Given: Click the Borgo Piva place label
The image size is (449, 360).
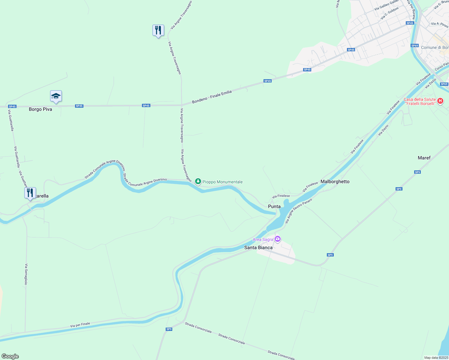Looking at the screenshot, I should pos(40,109).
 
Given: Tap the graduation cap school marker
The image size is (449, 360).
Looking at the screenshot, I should pos(56,96).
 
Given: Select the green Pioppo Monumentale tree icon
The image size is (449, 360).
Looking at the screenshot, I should pos(198,181).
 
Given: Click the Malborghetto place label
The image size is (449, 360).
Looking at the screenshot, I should pos(335,181).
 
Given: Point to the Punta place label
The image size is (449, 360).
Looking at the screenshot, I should pos(274,206).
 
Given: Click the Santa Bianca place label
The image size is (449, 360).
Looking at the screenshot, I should pos(258,247).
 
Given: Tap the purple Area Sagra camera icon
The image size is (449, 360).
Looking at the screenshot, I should pos(278,239).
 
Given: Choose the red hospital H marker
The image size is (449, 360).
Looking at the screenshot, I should pos(440,101).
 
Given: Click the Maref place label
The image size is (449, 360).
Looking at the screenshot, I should pos(424,158).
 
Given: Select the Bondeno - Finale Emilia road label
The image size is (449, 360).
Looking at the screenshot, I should pos(212,97).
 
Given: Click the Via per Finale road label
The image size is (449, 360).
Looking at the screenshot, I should pos(80,325).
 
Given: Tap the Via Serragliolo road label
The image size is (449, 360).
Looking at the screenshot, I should pos(26,274).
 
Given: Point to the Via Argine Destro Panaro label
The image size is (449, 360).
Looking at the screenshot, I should pos(298,211).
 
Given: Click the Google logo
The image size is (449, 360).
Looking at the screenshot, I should pos(10,356).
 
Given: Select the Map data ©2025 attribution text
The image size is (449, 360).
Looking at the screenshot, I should pos(436,358).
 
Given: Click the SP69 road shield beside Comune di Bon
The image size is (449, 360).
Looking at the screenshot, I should pos(414,46).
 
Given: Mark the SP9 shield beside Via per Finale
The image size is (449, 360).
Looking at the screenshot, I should pos(169,329).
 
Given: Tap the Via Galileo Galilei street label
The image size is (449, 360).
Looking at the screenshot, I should pos(387,5).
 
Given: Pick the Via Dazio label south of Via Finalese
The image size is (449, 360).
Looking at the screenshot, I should pos(383,130).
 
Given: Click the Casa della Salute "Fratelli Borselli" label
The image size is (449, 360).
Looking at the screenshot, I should pos(419,101).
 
